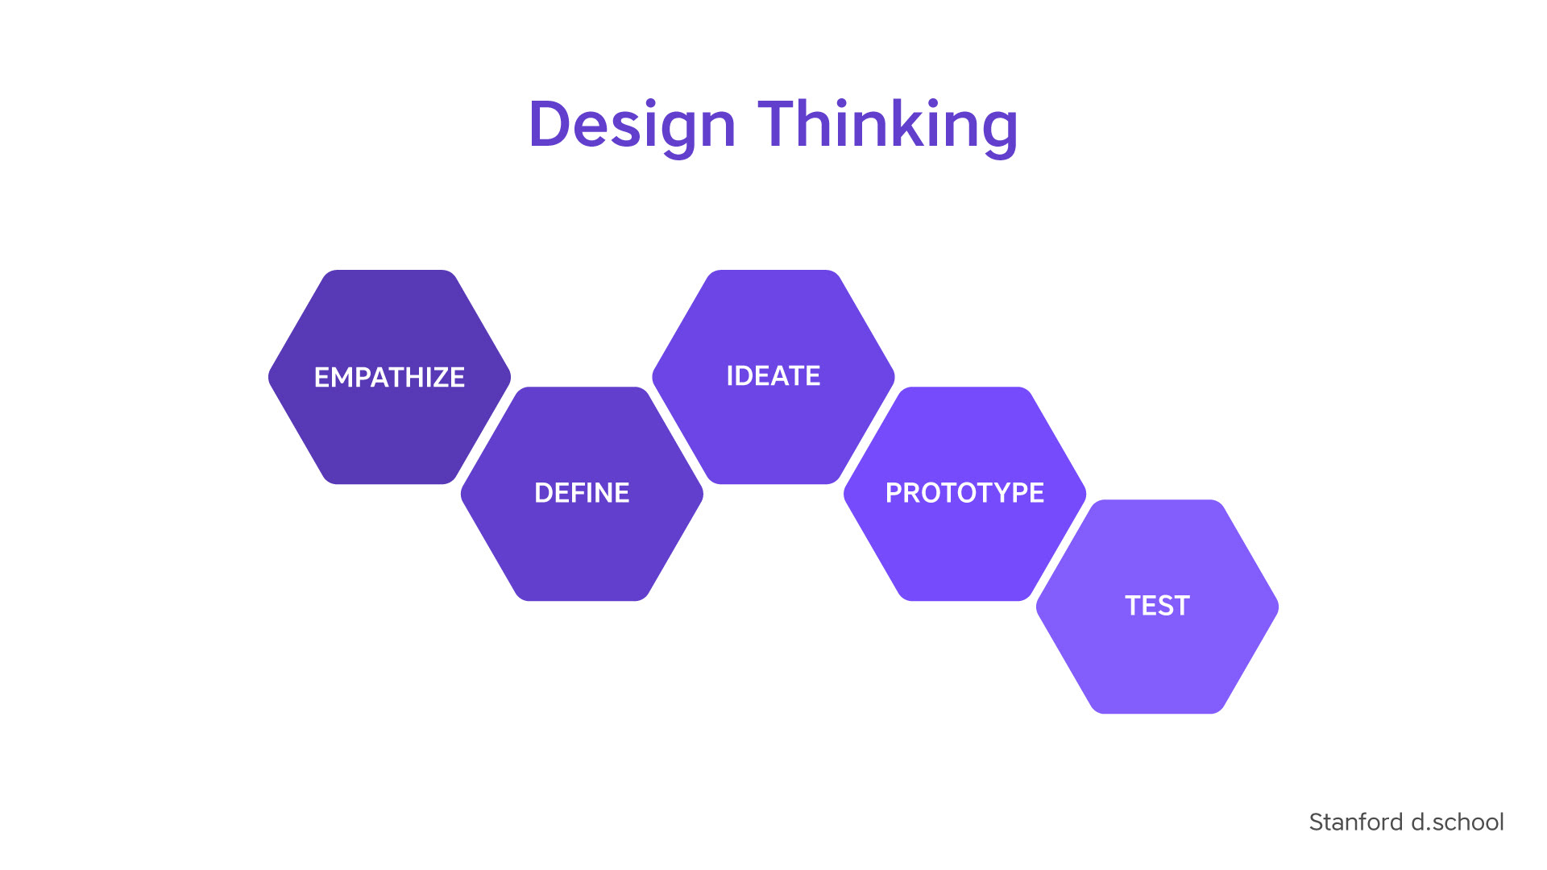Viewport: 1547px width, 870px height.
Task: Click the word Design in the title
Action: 632,126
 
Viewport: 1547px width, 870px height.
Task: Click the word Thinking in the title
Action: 888,126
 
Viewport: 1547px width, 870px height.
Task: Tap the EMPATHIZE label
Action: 389,377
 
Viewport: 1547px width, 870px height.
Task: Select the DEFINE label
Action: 582,493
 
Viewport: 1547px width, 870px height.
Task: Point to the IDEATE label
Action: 773,376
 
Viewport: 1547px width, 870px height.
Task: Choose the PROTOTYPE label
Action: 964,493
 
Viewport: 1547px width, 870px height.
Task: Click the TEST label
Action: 1157,606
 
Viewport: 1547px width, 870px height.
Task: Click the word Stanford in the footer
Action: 1356,822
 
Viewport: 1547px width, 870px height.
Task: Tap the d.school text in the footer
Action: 1458,822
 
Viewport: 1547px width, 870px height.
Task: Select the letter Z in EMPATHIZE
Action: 436,377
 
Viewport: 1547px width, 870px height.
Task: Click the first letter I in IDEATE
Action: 729,376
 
